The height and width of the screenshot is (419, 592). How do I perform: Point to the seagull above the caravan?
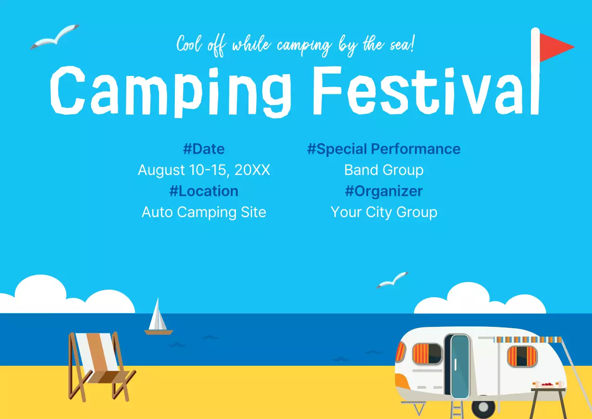pyautogui.click(x=393, y=280)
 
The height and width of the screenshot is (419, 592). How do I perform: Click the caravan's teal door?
pyautogui.click(x=459, y=366)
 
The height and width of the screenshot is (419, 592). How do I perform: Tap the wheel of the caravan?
pyautogui.click(x=483, y=407)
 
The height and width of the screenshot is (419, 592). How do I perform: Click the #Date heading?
pyautogui.click(x=204, y=149)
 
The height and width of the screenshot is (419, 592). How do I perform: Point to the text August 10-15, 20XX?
pyautogui.click(x=204, y=170)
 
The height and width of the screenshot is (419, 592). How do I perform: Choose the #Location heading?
pyautogui.click(x=204, y=191)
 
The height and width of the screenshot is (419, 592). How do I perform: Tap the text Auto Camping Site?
pyautogui.click(x=204, y=212)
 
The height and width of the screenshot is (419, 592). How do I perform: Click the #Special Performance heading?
pyautogui.click(x=384, y=149)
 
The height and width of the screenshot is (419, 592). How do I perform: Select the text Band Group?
pyautogui.click(x=384, y=170)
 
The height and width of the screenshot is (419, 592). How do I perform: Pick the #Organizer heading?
pyautogui.click(x=384, y=191)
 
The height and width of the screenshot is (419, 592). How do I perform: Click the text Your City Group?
pyautogui.click(x=384, y=212)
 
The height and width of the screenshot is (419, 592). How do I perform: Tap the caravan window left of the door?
pyautogui.click(x=427, y=354)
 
